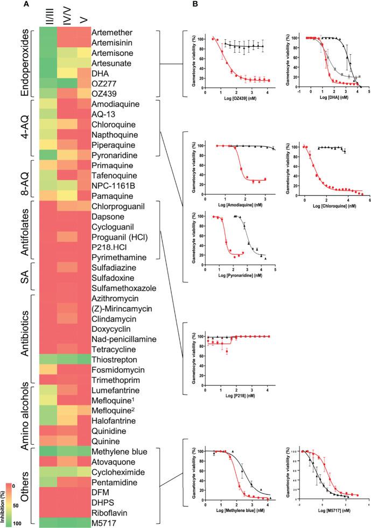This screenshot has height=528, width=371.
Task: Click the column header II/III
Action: [52, 15]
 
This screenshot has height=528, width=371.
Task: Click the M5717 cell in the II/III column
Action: [52, 522]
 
